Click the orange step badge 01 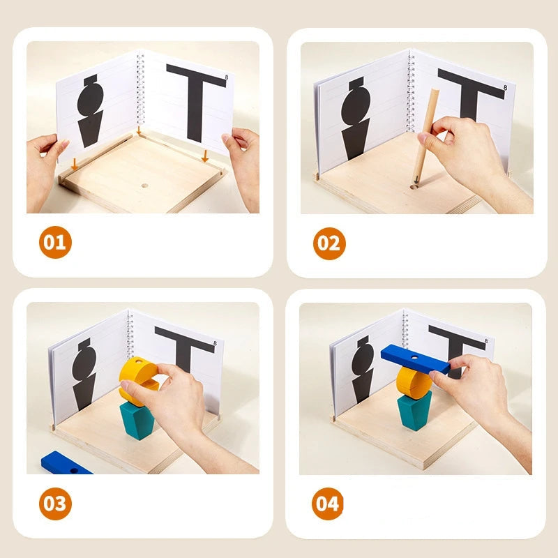[54, 243]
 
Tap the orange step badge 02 [329, 243]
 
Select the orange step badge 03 [54, 504]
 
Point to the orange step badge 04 [329, 504]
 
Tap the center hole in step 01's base [144, 186]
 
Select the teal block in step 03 [137, 420]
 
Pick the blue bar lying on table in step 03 [65, 463]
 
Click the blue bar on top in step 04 [416, 359]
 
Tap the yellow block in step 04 [414, 382]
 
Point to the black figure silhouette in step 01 [91, 112]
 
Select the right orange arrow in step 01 [204, 157]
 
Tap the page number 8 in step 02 [505, 86]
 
